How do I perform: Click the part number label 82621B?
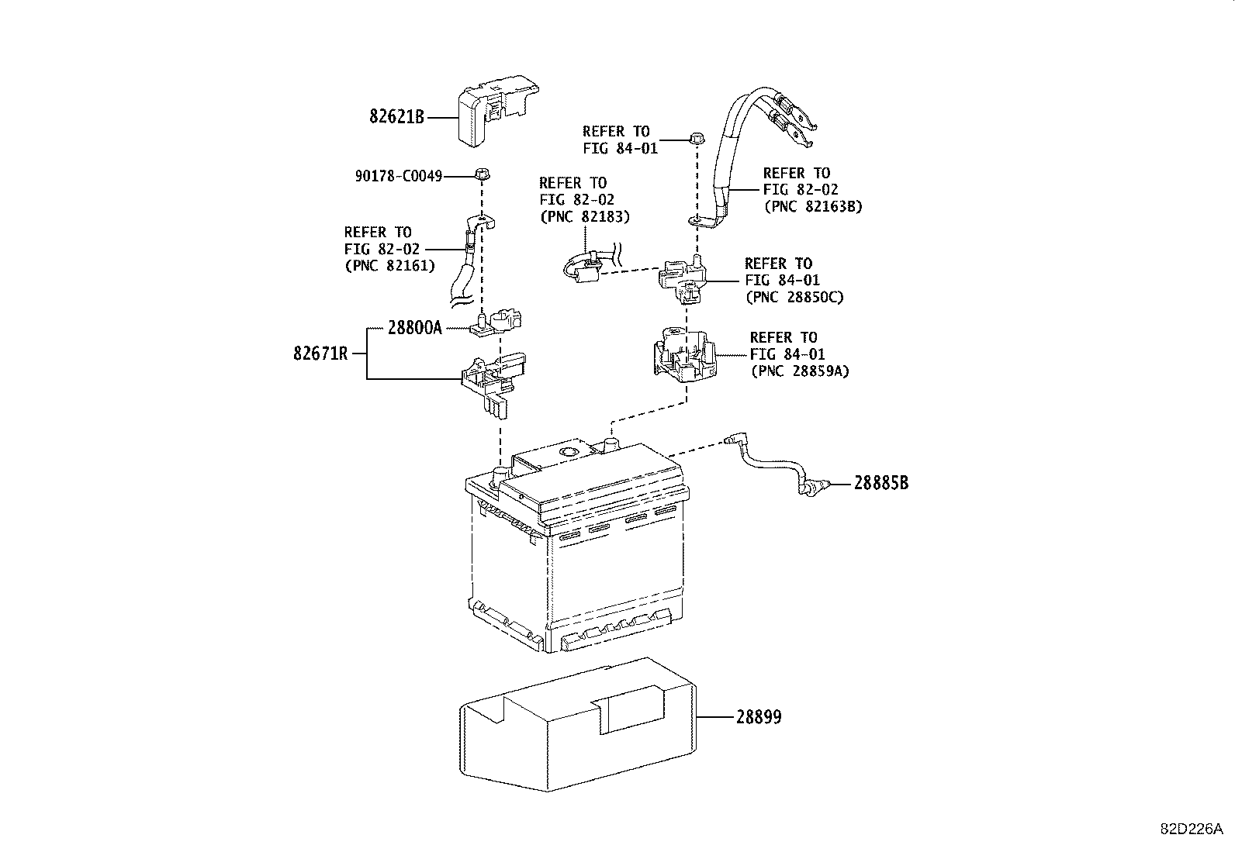pyautogui.click(x=396, y=117)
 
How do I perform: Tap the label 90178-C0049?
pyautogui.click(x=399, y=177)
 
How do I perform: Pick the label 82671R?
pyautogui.click(x=320, y=354)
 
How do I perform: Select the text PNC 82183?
pyautogui.click(x=584, y=216)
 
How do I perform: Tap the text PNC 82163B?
pyautogui.click(x=813, y=207)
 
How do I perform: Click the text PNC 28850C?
pyautogui.click(x=794, y=297)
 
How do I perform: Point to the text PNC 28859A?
pyautogui.click(x=800, y=371)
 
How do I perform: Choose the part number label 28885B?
pyautogui.click(x=880, y=483)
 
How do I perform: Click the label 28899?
pyautogui.click(x=759, y=717)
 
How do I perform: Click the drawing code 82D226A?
pyautogui.click(x=1192, y=828)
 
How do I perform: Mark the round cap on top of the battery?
pyautogui.click(x=569, y=451)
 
